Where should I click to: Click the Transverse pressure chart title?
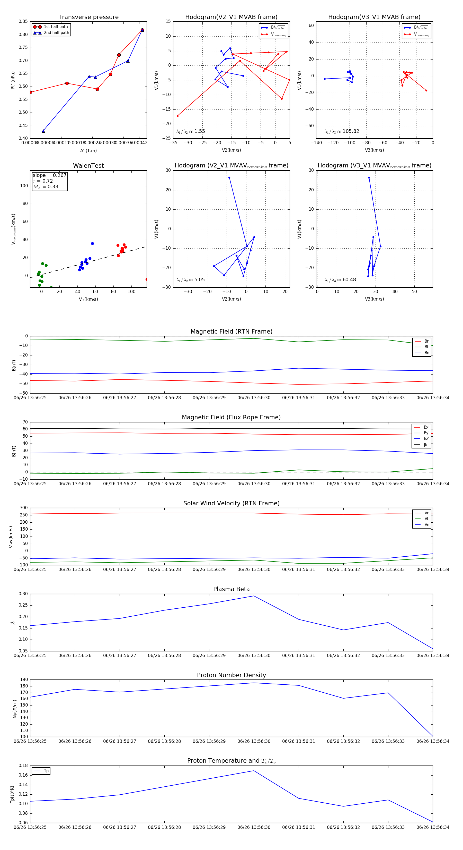tap(88, 17)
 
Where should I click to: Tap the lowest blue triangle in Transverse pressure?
tap(43, 131)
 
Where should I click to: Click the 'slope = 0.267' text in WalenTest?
tap(49, 175)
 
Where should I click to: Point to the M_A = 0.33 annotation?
tap(46, 187)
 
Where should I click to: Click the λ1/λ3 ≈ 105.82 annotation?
tap(342, 131)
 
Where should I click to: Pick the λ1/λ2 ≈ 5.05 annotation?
tap(190, 280)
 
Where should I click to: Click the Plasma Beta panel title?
tap(231, 589)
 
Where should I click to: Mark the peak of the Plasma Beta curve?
tap(254, 596)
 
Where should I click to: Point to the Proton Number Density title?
tap(231, 675)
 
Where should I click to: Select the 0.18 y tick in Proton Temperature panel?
tap(23, 766)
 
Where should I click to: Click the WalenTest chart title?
tap(88, 166)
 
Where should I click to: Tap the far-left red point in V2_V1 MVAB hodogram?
tap(178, 116)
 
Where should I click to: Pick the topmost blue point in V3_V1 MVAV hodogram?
tap(369, 177)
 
